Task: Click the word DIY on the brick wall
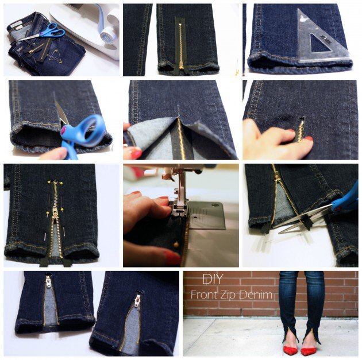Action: tap(213, 279)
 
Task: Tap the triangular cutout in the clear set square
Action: tap(318, 45)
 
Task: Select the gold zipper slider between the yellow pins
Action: tap(55, 212)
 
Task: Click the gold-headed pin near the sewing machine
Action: tap(176, 245)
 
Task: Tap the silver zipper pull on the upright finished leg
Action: tap(48, 281)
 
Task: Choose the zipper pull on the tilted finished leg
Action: tap(137, 300)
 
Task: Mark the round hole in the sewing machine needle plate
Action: tap(195, 217)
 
